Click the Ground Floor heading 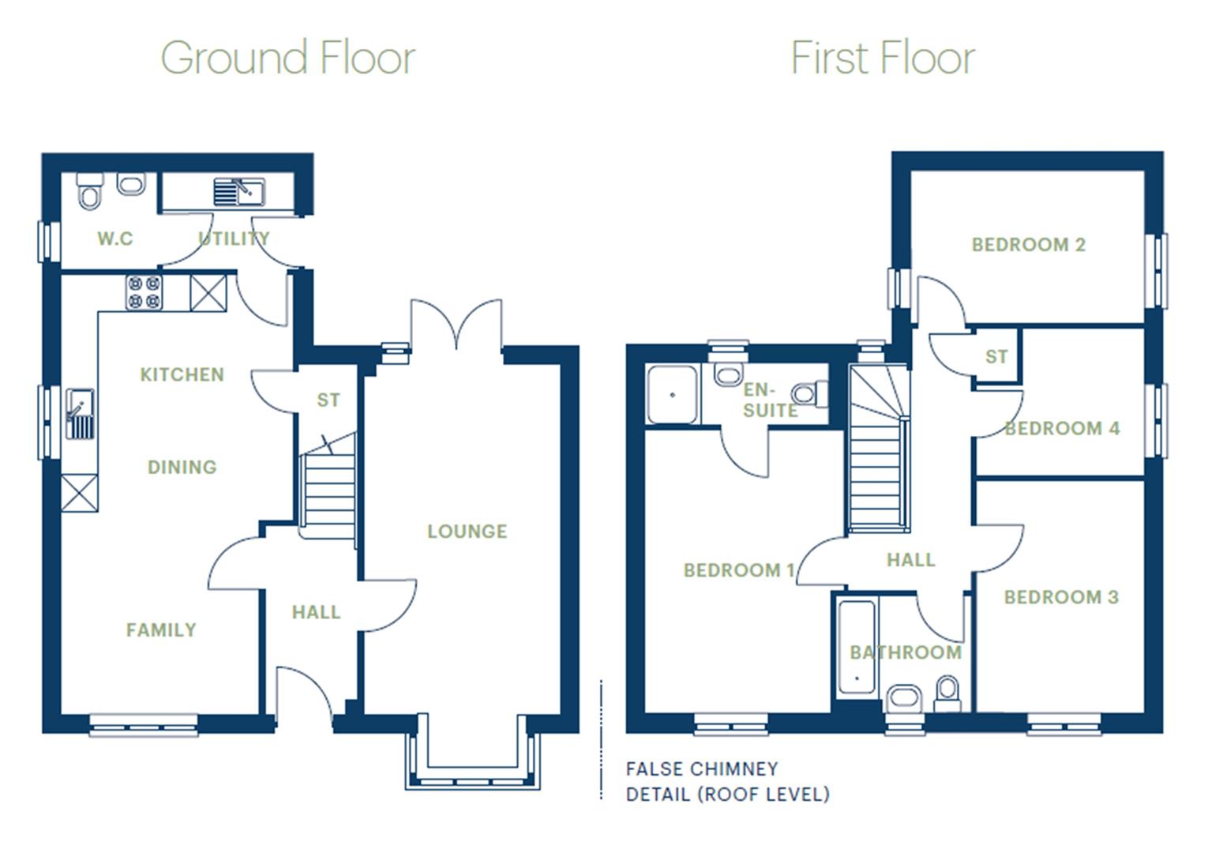(288, 58)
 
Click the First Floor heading (882, 58)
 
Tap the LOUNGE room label (467, 532)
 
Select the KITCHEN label (182, 374)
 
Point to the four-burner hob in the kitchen (144, 291)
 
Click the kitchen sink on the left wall (80, 414)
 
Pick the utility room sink (238, 192)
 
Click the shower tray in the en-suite (672, 394)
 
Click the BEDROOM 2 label (1028, 245)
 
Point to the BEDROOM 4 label (1062, 429)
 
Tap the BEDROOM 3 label (1061, 597)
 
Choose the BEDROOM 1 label (738, 570)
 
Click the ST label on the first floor (996, 357)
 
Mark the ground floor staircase (328, 490)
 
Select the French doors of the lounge (456, 324)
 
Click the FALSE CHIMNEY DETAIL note (726, 781)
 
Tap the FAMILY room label (161, 630)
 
